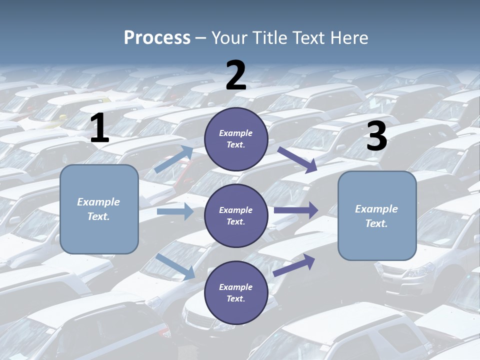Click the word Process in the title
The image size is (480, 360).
click(x=157, y=38)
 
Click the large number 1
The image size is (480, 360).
click(x=99, y=128)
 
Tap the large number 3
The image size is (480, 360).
click(x=376, y=136)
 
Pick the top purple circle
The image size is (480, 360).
click(x=236, y=139)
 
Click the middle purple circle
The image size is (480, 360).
click(x=236, y=215)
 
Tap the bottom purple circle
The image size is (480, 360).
click(x=236, y=292)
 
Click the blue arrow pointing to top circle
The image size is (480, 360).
click(x=174, y=159)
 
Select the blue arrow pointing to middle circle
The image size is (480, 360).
click(x=175, y=211)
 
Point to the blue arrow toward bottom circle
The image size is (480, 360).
click(x=175, y=266)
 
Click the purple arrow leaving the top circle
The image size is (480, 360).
click(x=297, y=159)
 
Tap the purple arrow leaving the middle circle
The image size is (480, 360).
click(x=296, y=210)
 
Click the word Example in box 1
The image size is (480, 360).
click(x=98, y=202)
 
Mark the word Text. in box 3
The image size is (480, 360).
click(x=376, y=223)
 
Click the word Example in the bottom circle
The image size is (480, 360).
click(x=236, y=287)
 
